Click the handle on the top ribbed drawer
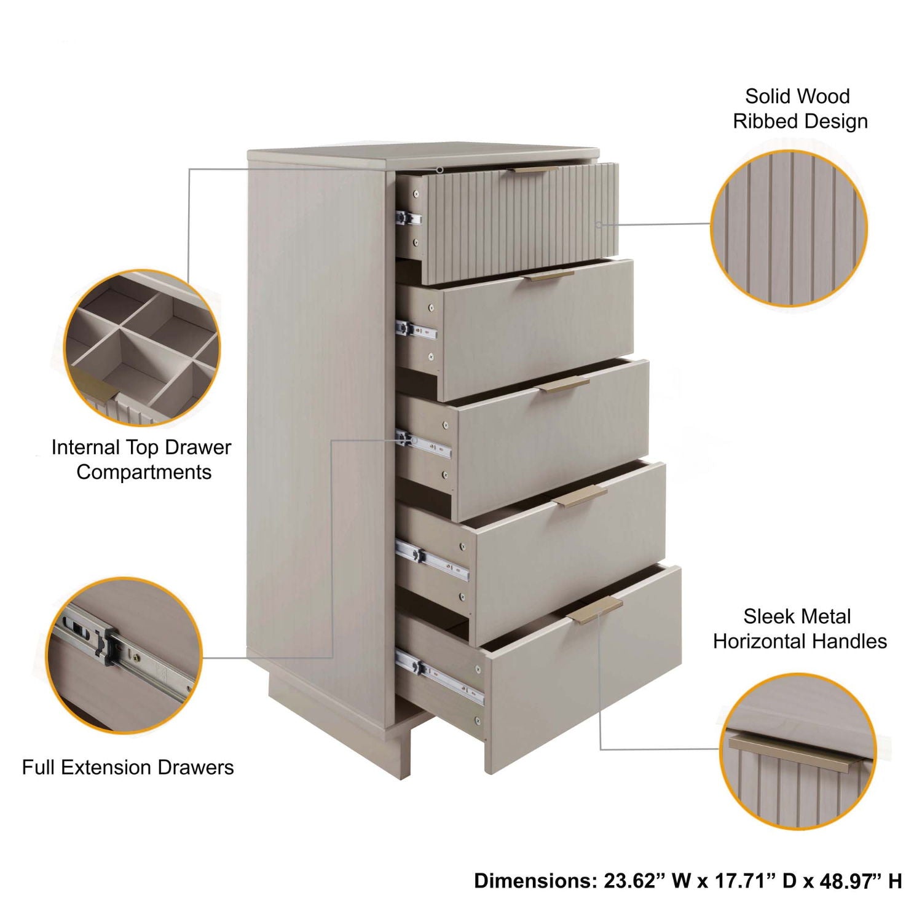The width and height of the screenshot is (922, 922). click(x=535, y=169)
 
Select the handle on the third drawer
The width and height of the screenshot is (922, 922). click(x=565, y=385)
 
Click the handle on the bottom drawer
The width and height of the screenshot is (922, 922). click(x=596, y=609)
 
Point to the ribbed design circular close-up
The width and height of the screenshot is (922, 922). click(x=789, y=228)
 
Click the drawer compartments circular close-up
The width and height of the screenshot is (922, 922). click(x=142, y=348)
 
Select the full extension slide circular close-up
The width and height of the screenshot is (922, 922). click(x=124, y=655)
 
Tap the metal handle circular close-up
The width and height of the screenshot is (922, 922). click(x=798, y=752)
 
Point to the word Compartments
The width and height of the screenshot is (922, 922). click(x=144, y=472)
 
